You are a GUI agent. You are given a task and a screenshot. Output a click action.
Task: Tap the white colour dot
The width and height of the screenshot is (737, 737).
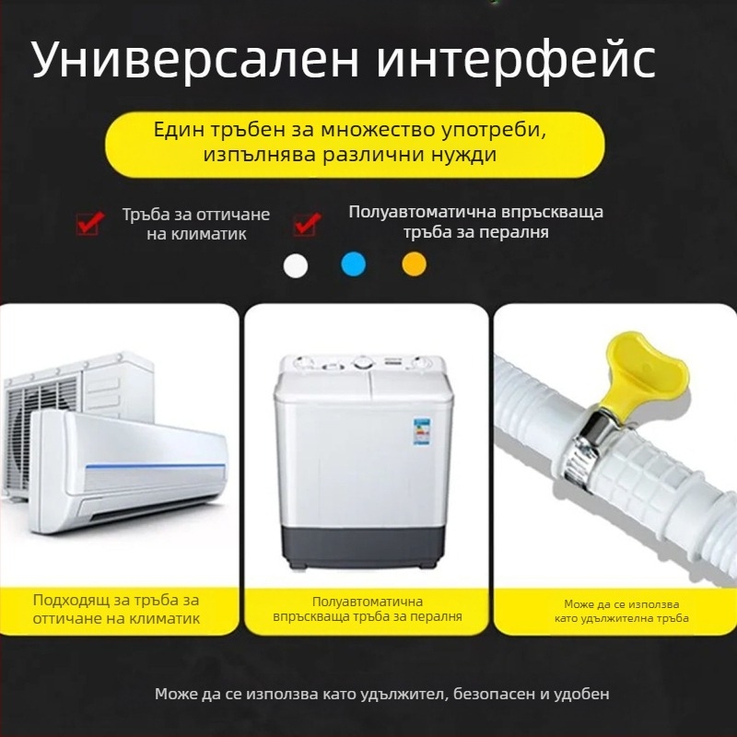(297, 264)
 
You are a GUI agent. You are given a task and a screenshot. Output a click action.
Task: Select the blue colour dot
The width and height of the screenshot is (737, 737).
(354, 264)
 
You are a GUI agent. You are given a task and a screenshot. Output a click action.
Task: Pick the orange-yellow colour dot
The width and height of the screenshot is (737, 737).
(415, 264)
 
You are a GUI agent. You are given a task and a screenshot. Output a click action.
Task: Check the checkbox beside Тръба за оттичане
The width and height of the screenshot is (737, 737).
(88, 222)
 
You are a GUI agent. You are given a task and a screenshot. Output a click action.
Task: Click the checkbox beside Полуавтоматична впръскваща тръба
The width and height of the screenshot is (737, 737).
(306, 222)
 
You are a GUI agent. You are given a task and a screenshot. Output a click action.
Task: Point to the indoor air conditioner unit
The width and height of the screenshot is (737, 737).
(129, 470)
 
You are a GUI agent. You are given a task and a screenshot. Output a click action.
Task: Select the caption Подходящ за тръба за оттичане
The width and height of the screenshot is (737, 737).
(116, 609)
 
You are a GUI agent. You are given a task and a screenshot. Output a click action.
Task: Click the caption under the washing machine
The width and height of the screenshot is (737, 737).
(368, 609)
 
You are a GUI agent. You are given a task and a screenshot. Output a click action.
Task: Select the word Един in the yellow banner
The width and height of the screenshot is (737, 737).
(181, 129)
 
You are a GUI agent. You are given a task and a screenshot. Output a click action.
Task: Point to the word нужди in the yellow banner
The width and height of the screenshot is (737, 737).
(469, 155)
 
